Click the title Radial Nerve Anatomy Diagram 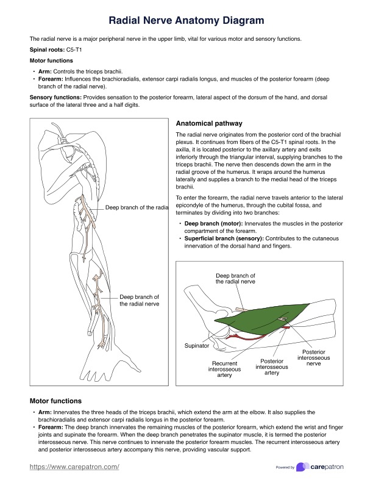point(187,21)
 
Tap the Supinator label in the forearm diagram point(197,346)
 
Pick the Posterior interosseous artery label point(272,367)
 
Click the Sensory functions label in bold point(55,97)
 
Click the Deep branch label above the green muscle point(235,279)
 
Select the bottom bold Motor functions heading point(55,401)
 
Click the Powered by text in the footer point(285,468)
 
